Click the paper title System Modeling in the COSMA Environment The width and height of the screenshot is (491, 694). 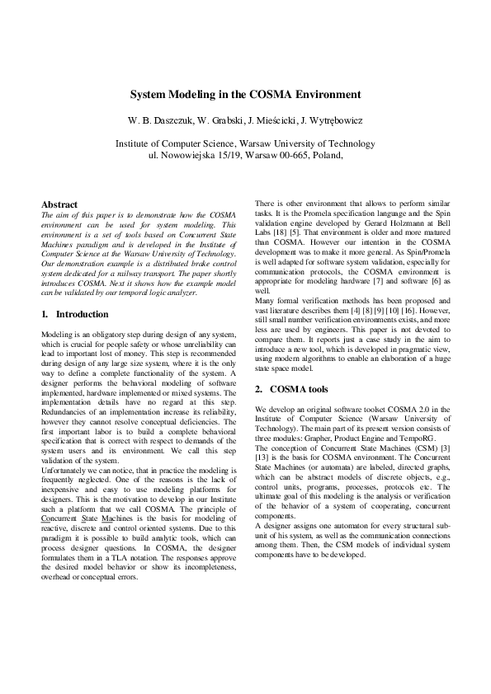coord(245,95)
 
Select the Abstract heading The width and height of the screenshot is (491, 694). coord(59,204)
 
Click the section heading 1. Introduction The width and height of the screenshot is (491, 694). coord(75,314)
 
